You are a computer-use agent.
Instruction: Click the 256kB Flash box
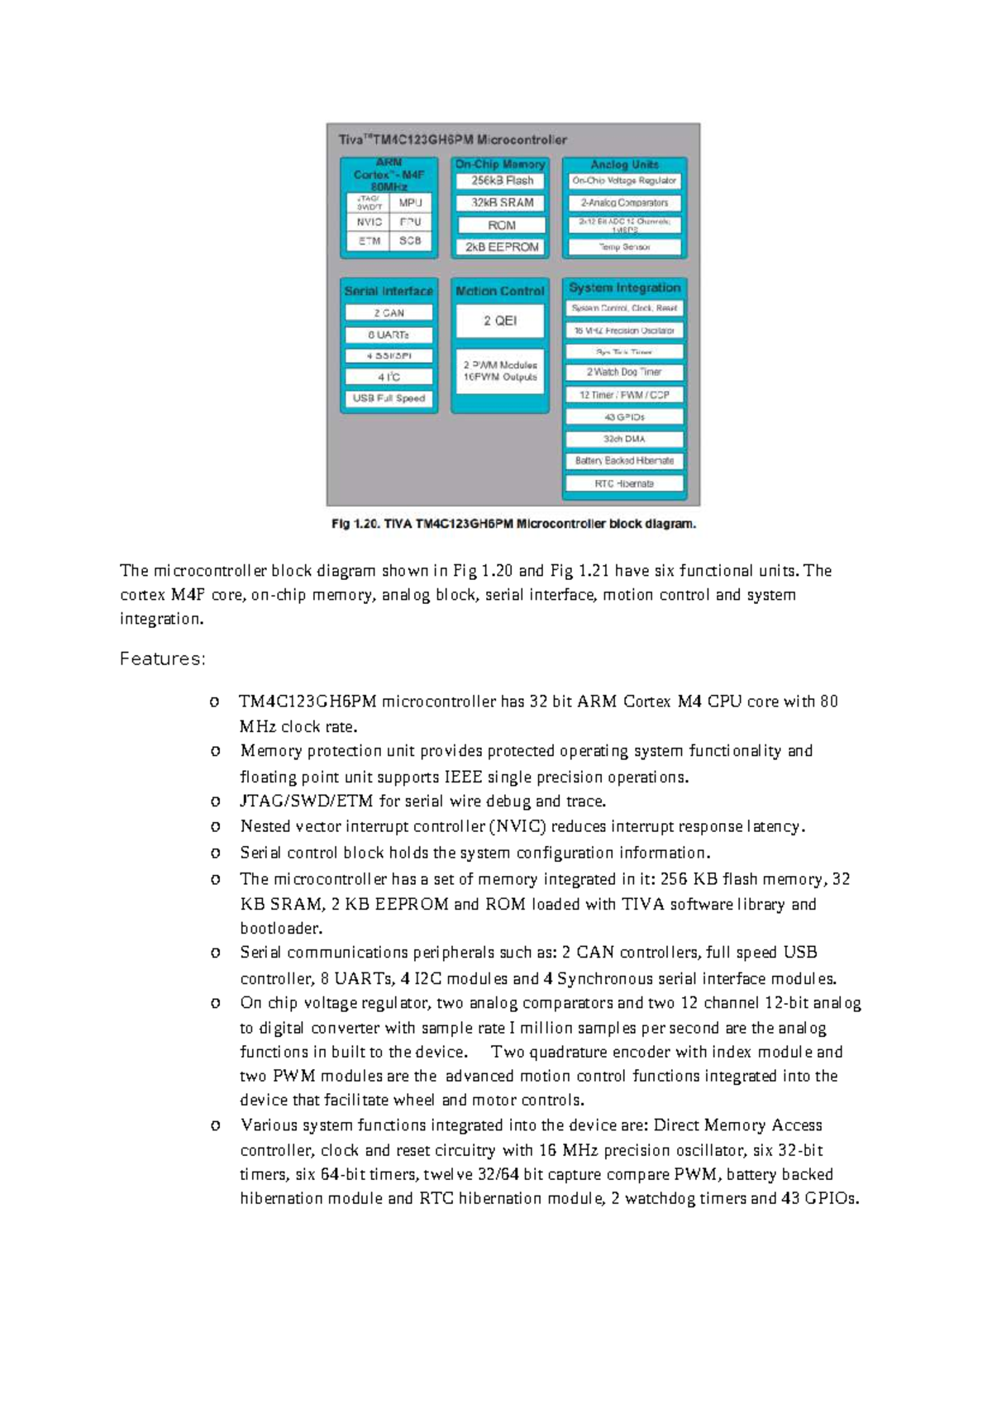click(502, 181)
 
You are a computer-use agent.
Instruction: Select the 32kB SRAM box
click(502, 202)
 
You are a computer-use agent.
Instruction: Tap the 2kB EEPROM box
click(502, 247)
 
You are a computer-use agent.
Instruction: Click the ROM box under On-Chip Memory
click(502, 225)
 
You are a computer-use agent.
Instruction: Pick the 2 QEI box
click(500, 321)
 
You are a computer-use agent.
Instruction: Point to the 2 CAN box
click(389, 313)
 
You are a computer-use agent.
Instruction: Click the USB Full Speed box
click(389, 398)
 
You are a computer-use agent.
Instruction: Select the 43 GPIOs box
click(624, 417)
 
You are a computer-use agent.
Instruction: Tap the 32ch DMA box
click(624, 440)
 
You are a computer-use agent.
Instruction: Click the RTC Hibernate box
click(624, 483)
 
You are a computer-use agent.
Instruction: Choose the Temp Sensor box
click(624, 247)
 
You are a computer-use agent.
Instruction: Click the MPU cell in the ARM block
click(410, 202)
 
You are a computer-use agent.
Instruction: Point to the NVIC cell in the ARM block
click(369, 222)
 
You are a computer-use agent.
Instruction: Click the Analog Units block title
click(624, 165)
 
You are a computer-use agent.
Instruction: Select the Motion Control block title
click(500, 291)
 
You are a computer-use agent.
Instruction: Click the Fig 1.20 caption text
click(513, 524)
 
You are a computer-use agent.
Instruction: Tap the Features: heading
click(162, 659)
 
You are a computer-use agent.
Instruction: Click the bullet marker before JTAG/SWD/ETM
click(215, 801)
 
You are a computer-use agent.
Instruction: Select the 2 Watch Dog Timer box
click(624, 373)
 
